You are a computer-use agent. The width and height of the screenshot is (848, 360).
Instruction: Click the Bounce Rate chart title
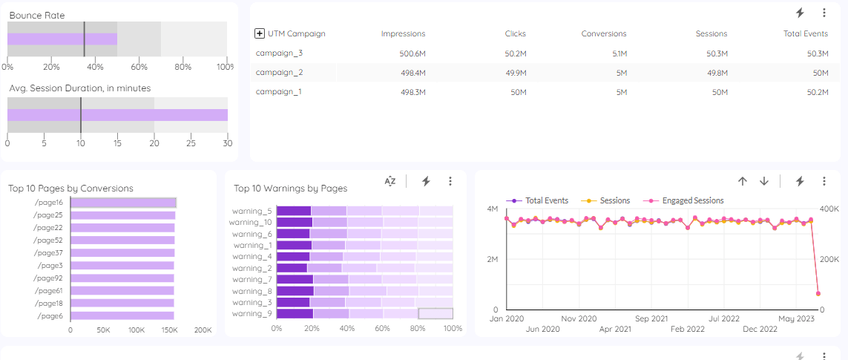click(x=37, y=15)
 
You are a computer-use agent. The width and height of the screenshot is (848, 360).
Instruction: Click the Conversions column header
click(x=603, y=33)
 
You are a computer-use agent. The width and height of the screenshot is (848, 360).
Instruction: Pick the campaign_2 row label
click(x=279, y=73)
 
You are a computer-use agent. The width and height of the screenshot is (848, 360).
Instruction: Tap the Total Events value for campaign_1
click(x=814, y=92)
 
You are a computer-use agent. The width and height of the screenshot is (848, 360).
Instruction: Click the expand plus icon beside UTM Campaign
click(x=260, y=33)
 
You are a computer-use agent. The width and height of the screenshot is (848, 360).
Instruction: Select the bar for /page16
click(x=123, y=203)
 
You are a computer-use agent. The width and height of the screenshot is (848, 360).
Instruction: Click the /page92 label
click(x=48, y=278)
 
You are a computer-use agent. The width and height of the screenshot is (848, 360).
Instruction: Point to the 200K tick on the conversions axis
click(x=203, y=330)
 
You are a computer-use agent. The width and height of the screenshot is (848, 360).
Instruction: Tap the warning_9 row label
click(x=252, y=313)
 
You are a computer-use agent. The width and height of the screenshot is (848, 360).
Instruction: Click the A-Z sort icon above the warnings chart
click(x=390, y=181)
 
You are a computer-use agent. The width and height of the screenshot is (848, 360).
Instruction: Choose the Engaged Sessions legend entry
click(x=692, y=200)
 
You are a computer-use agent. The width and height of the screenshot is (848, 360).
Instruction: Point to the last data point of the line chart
click(x=818, y=294)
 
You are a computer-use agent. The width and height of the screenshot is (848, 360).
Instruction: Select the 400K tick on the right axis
click(x=829, y=209)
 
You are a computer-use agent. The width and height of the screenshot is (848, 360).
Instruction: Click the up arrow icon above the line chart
click(x=742, y=181)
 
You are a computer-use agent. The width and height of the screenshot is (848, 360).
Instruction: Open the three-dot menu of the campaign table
click(x=824, y=13)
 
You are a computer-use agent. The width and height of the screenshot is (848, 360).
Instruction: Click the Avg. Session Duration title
click(x=79, y=88)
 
